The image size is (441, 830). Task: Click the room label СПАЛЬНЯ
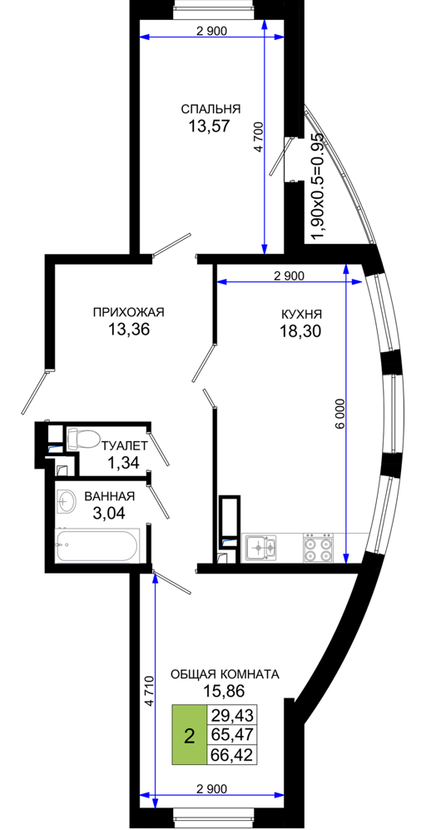tap(211, 110)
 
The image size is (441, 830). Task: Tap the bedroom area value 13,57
tap(211, 127)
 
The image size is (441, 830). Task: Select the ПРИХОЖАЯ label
tap(129, 312)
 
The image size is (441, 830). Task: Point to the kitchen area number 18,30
tap(301, 331)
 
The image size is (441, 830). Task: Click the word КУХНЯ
tap(301, 314)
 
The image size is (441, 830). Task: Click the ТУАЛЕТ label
tap(125, 445)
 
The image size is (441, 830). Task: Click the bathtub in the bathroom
tap(98, 546)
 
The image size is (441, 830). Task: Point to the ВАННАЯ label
tap(110, 496)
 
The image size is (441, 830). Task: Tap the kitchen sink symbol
tap(260, 547)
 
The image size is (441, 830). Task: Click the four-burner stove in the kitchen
tap(319, 547)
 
